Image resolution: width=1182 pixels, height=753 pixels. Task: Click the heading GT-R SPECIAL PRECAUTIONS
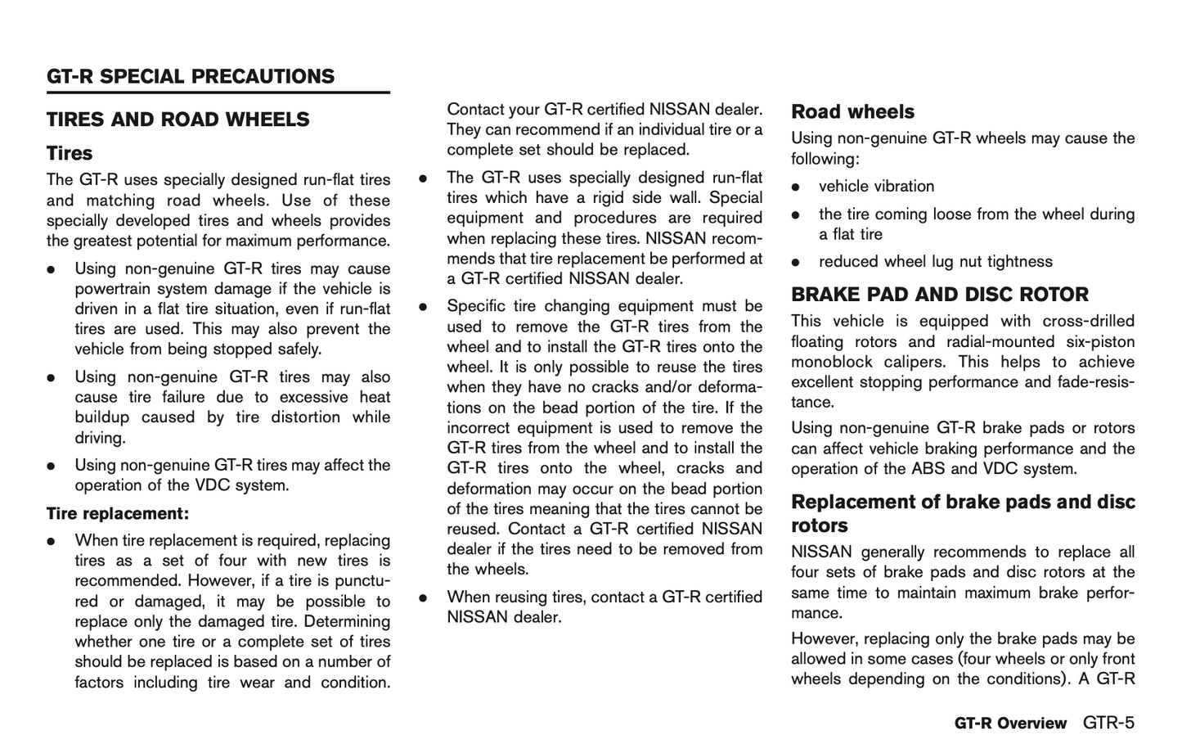click(191, 77)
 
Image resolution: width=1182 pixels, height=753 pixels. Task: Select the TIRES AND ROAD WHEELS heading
click(178, 119)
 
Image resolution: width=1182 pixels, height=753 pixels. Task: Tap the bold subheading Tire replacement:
click(118, 514)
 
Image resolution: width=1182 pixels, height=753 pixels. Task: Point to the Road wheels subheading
click(852, 112)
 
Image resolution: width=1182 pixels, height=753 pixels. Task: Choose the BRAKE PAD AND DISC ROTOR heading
click(940, 295)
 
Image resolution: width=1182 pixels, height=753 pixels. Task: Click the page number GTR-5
click(1108, 723)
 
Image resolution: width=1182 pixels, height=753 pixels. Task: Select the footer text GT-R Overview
click(1010, 724)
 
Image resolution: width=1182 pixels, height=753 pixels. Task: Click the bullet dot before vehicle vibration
click(795, 187)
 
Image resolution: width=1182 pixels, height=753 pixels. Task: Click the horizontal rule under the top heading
click(218, 93)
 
